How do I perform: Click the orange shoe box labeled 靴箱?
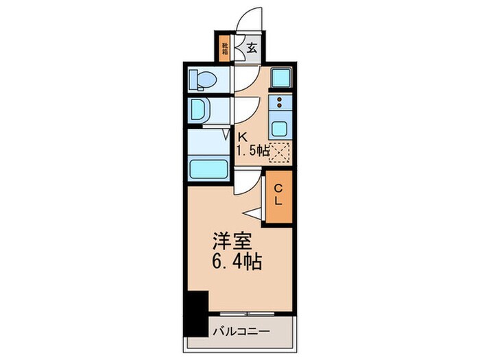click(x=224, y=49)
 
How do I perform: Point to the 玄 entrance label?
click(x=252, y=49)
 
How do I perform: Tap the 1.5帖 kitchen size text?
click(x=252, y=151)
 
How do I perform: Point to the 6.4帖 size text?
click(x=236, y=262)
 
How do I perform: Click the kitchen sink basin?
click(x=280, y=128)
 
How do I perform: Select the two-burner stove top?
click(x=280, y=104)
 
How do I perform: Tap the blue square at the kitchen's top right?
click(x=280, y=78)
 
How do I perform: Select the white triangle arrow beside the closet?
click(x=252, y=213)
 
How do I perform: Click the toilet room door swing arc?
click(x=244, y=80)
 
